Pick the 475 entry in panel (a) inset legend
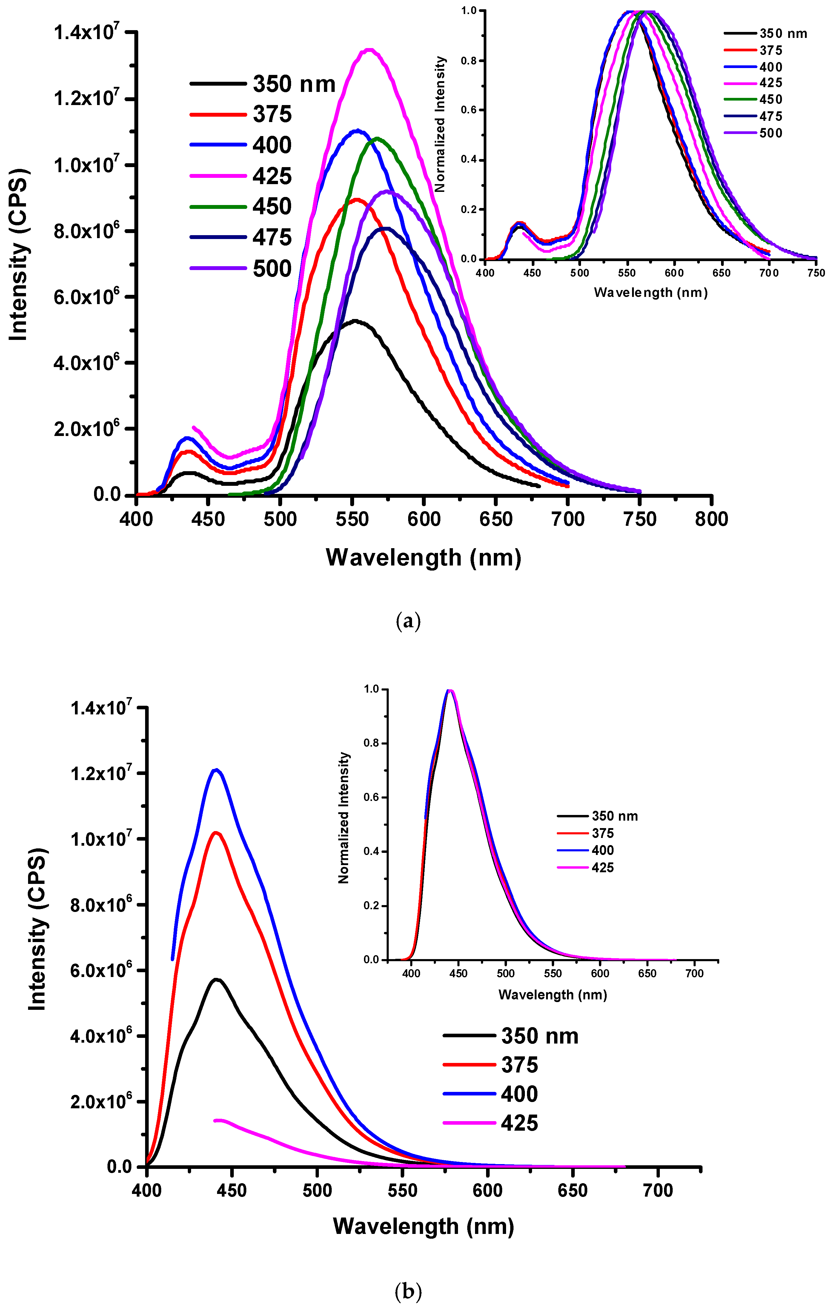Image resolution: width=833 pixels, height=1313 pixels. (x=770, y=116)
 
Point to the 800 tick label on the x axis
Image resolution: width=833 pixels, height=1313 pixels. (x=711, y=519)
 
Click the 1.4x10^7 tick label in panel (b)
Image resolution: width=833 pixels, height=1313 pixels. (x=101, y=708)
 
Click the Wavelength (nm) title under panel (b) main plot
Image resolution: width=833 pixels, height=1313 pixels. (x=423, y=1226)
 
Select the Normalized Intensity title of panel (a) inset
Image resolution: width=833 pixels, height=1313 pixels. (x=440, y=124)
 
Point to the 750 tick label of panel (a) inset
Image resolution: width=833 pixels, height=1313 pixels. (x=816, y=273)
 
